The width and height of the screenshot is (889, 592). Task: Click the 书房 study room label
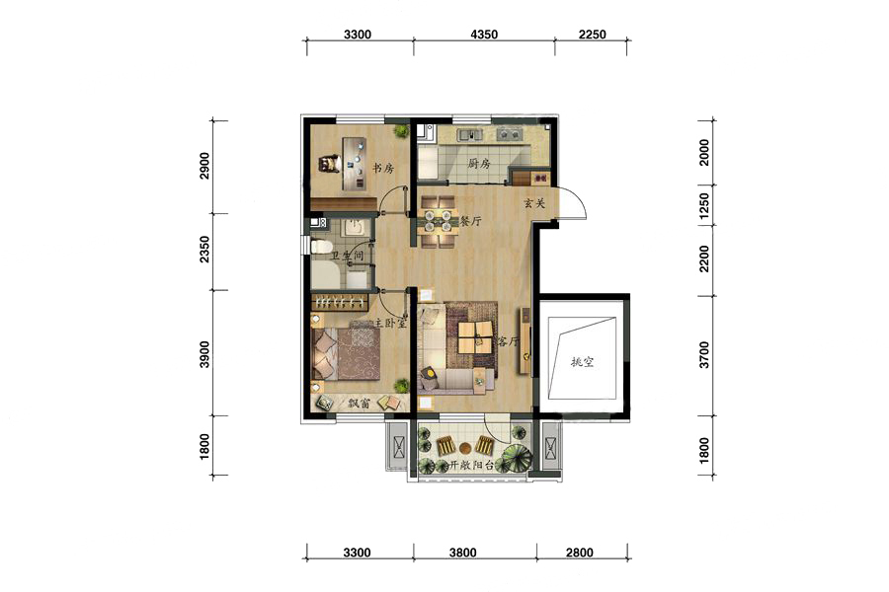[382, 169]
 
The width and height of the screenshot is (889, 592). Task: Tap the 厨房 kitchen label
[479, 165]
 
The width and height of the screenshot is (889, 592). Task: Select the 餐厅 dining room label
[470, 221]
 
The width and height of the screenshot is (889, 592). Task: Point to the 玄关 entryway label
[534, 203]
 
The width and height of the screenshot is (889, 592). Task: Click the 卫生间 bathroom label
[347, 257]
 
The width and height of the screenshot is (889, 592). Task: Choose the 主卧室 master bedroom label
[390, 324]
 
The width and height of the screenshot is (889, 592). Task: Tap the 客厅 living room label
[508, 341]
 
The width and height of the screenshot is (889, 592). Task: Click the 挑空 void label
[582, 362]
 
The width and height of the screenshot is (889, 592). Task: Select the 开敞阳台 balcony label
[472, 466]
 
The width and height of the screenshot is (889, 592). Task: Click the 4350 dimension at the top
[484, 35]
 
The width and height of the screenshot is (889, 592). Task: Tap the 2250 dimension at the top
[593, 35]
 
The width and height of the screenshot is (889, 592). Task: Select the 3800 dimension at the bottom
[462, 553]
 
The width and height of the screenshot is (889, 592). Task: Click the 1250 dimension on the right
[703, 205]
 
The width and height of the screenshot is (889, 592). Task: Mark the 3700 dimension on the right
[703, 355]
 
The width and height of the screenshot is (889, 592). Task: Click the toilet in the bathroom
[321, 247]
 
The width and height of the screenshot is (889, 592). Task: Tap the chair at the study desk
[328, 164]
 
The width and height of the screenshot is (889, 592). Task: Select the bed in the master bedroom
[346, 355]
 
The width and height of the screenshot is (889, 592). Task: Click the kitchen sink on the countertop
[470, 134]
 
